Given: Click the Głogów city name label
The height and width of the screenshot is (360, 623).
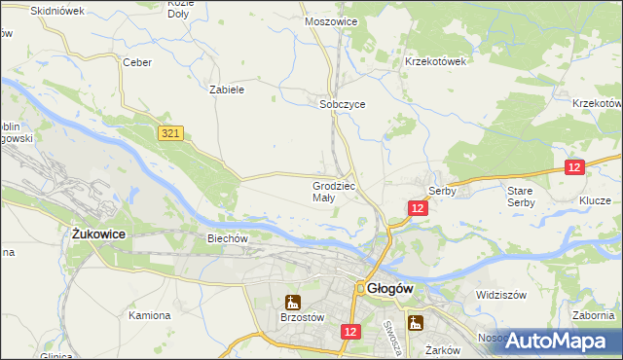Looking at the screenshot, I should tap(392, 288).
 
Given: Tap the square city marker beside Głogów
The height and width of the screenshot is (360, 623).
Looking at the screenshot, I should tap(359, 288).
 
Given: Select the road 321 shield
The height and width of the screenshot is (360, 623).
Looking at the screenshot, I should tap(170, 130).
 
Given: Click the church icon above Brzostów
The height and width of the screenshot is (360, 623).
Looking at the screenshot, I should tap(292, 302).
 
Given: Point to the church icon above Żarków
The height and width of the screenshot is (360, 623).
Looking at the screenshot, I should tap(416, 323).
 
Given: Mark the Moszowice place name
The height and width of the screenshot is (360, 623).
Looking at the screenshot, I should tap(331, 20).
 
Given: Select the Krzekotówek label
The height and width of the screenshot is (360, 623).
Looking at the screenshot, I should tap(436, 60).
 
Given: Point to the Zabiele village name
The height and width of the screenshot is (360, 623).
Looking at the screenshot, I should tap(226, 89).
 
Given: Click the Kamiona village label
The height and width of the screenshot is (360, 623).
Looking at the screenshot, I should tap(150, 315).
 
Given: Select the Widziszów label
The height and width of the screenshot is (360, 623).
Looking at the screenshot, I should tap(500, 294).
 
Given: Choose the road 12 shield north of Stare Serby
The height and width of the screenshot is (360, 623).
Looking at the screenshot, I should tap(573, 168).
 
